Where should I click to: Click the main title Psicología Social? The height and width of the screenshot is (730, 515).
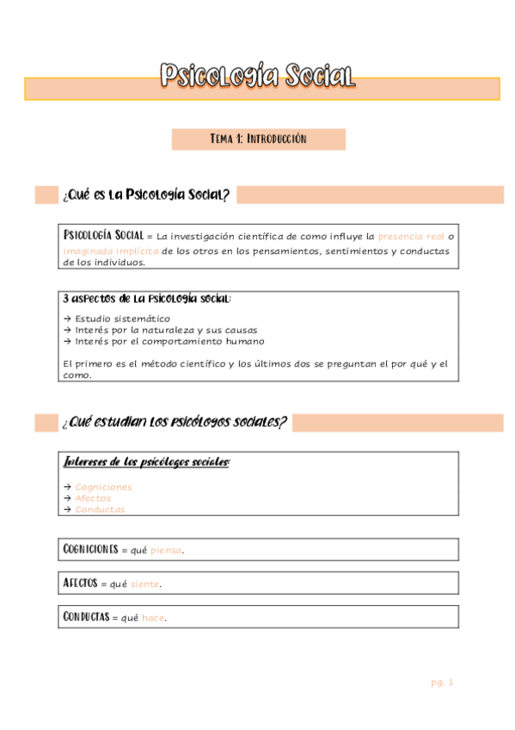(x=258, y=77)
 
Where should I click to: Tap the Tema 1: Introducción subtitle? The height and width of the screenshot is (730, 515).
(x=258, y=139)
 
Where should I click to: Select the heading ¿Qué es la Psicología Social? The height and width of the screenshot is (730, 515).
(x=145, y=195)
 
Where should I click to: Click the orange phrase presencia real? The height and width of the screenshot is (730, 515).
(x=411, y=235)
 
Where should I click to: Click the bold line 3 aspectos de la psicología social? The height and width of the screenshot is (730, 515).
(x=147, y=300)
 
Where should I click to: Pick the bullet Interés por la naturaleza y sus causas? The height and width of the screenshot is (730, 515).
(x=166, y=330)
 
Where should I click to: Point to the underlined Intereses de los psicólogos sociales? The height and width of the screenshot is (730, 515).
(x=147, y=462)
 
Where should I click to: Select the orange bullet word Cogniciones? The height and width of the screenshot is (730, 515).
(x=103, y=487)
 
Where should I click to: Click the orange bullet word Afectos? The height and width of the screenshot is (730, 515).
(x=93, y=498)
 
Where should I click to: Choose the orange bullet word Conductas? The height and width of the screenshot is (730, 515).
(x=100, y=510)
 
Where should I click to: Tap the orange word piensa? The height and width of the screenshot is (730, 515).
(x=167, y=550)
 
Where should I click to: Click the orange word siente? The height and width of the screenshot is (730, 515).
(x=145, y=585)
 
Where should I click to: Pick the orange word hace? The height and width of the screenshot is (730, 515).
(x=153, y=618)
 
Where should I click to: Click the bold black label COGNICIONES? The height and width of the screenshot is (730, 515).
(x=90, y=549)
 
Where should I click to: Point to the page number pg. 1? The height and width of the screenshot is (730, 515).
(x=442, y=683)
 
